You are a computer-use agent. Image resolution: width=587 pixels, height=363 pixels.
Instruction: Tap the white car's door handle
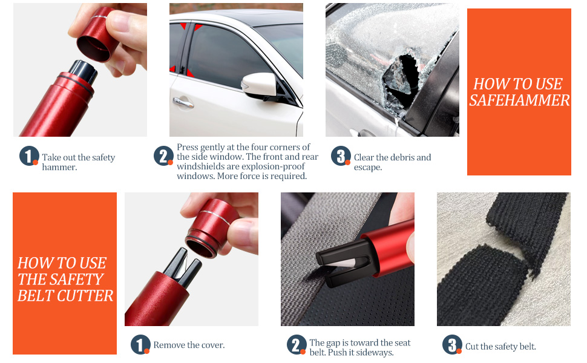pyautogui.click(x=183, y=103)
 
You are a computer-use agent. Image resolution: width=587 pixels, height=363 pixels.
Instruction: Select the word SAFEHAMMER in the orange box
pyautogui.click(x=519, y=100)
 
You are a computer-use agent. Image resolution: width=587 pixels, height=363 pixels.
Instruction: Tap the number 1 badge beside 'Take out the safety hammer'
pyautogui.click(x=29, y=156)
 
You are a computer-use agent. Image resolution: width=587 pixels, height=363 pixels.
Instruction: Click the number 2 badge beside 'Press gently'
pyautogui.click(x=163, y=156)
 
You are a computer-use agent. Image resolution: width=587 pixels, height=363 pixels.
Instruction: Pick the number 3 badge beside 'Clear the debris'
pyautogui.click(x=341, y=156)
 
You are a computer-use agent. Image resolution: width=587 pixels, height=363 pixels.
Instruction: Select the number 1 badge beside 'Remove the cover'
pyautogui.click(x=140, y=345)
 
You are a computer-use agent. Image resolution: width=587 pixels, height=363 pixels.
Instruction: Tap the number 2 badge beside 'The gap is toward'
pyautogui.click(x=296, y=345)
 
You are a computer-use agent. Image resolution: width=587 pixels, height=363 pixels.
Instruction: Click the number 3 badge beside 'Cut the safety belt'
pyautogui.click(x=452, y=345)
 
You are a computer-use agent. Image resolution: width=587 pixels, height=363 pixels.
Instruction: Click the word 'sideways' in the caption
pyautogui.click(x=375, y=353)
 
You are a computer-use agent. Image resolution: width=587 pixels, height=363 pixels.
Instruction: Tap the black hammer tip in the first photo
pyautogui.click(x=84, y=72)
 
